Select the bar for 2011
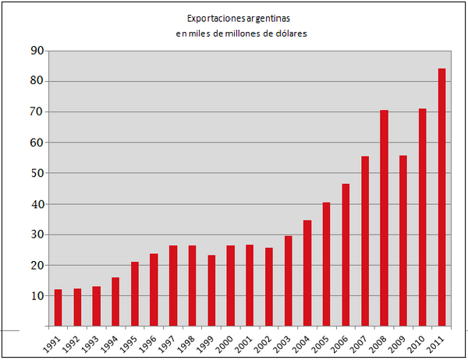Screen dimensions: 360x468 pyautogui.click(x=441, y=197)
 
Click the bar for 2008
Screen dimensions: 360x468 pyautogui.click(x=384, y=218)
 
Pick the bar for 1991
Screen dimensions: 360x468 pyautogui.click(x=58, y=307)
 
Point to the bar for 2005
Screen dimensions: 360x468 pyautogui.click(x=326, y=264)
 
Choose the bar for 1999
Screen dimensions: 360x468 pyautogui.click(x=211, y=290)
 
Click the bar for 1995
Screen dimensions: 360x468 pyautogui.click(x=135, y=294)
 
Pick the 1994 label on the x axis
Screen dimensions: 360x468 pyautogui.click(x=111, y=342)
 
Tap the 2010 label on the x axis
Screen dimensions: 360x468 pyautogui.click(x=418, y=342)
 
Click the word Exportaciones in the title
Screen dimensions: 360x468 pyautogui.click(x=213, y=17)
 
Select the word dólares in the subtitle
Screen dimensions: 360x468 pyautogui.click(x=291, y=34)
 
